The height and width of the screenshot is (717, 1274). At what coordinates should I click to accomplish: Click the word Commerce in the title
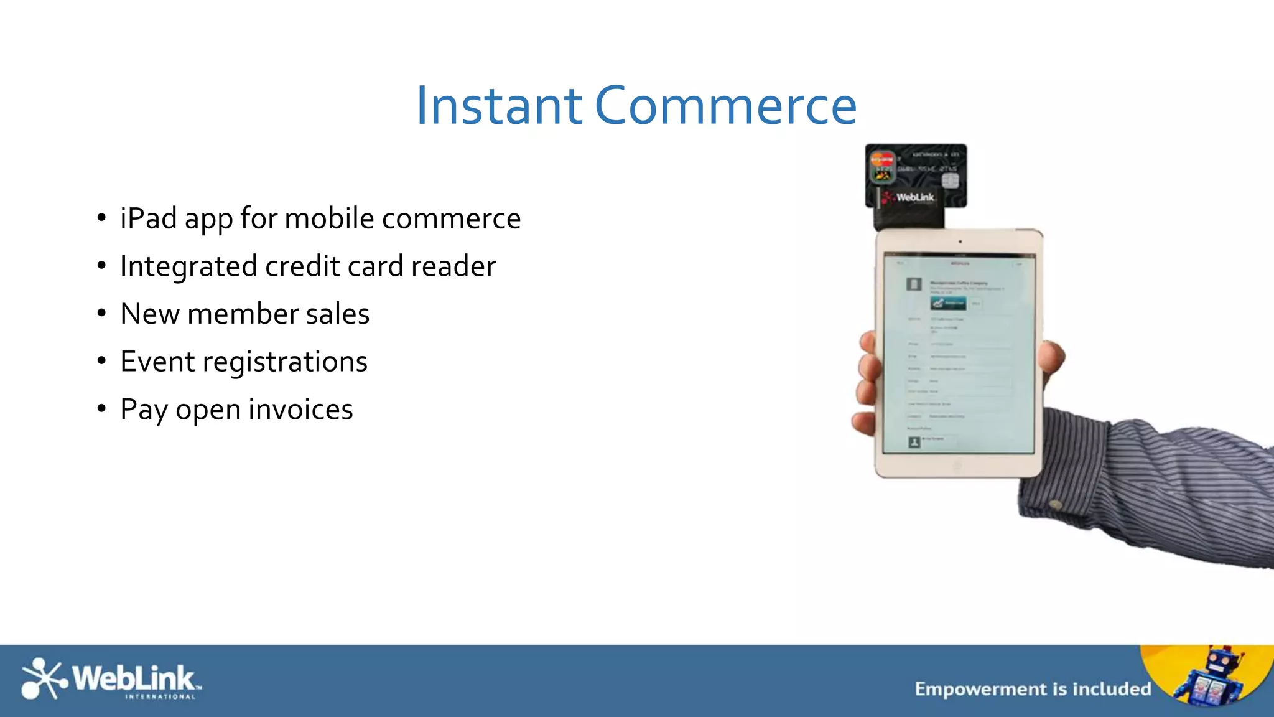coord(725,106)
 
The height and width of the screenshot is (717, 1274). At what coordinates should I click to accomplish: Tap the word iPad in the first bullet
coord(148,218)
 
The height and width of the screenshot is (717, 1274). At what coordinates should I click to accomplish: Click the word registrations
coord(285,362)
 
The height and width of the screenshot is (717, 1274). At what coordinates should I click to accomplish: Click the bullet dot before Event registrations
coord(101,361)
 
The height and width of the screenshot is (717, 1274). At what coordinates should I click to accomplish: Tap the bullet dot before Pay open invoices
coord(101,409)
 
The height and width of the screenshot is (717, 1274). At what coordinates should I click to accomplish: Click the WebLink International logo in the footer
coord(111,679)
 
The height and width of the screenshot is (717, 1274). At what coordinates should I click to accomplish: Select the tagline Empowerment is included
coord(1033,689)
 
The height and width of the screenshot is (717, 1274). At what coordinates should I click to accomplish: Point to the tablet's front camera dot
coord(960,241)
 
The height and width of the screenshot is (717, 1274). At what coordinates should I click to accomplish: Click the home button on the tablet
coord(957,465)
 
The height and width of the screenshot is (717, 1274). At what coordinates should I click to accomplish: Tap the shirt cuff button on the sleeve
coord(1056,504)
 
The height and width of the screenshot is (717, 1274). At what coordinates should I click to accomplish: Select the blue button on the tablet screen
coord(948,302)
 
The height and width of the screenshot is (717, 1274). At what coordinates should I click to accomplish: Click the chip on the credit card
coord(950,180)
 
